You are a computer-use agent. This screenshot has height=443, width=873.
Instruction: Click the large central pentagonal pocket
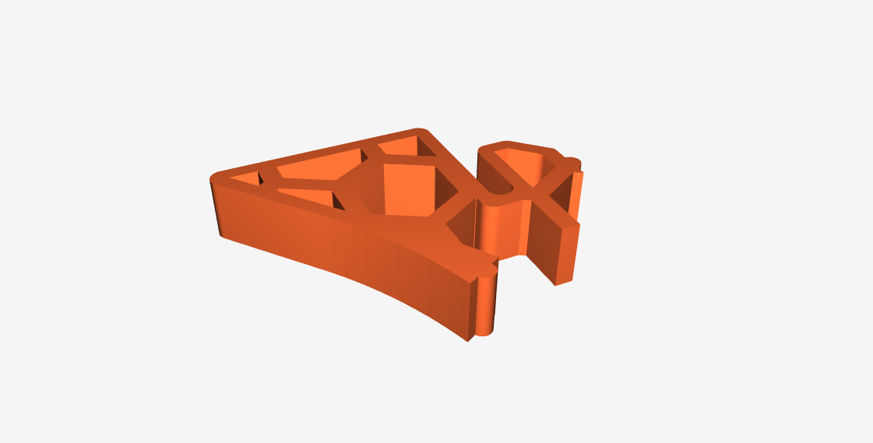pos(408,187)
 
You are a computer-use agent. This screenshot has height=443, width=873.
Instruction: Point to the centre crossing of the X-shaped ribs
pos(537,194)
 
